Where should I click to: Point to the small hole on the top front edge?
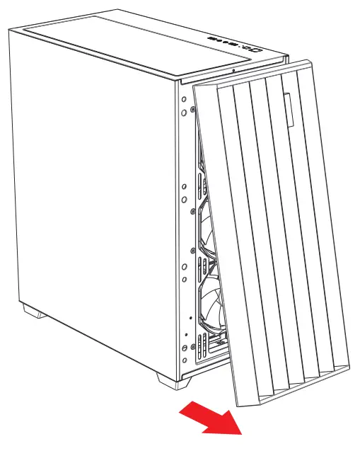pyautogui.click(x=234, y=71)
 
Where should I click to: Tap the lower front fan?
pyautogui.click(x=212, y=304)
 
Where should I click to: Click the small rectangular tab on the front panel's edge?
pyautogui.click(x=291, y=110)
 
